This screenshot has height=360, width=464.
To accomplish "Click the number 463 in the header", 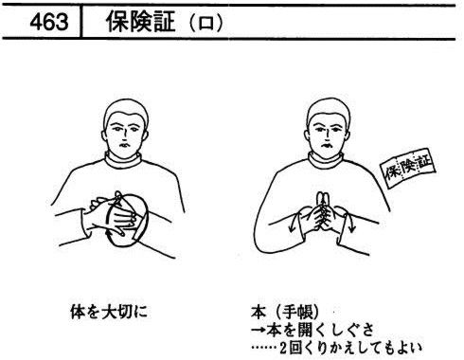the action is point(49,22).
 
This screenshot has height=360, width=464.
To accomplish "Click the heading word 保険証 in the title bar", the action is point(140,22).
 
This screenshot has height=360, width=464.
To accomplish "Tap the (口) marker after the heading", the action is point(206,23).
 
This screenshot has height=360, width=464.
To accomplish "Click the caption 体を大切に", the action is point(109,312).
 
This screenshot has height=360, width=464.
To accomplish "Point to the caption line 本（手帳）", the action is point(286,313).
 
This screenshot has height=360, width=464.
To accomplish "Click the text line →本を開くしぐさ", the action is point(312,330).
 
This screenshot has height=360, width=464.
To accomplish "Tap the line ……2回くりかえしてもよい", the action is point(336,348).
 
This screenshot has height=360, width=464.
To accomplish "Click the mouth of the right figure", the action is point(326,146).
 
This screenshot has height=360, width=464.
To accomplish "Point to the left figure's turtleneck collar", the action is point(123,160).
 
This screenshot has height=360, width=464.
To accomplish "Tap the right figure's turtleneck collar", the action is point(326,161).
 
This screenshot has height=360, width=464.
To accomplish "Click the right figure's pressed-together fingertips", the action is point(324,197).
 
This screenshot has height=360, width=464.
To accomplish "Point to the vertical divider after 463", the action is point(81,22).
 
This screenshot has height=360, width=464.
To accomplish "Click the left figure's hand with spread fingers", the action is point(125,220).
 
